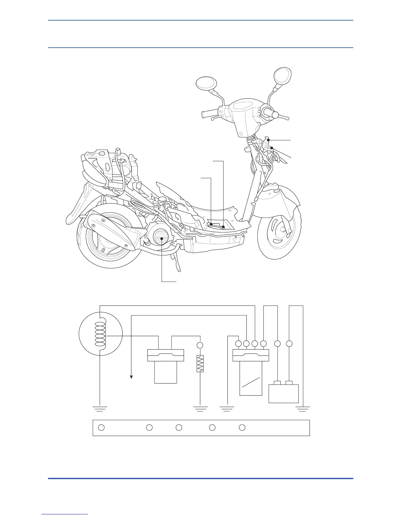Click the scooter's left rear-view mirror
click(x=206, y=83)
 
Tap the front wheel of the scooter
click(x=278, y=233)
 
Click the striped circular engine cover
click(x=161, y=238)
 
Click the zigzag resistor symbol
click(x=200, y=363)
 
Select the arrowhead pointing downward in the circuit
click(x=131, y=377)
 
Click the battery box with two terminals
click(x=283, y=393)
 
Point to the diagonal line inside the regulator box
click(x=251, y=383)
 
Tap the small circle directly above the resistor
click(x=200, y=345)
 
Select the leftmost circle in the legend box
click(x=101, y=427)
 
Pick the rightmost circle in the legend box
click(x=242, y=427)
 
